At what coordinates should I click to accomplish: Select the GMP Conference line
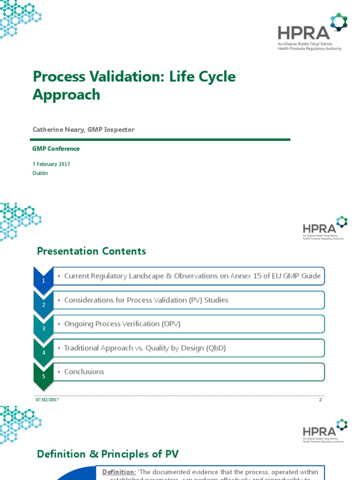pyautogui.click(x=56, y=149)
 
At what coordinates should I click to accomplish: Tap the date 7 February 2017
pyautogui.click(x=51, y=164)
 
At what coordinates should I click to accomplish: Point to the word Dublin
pyautogui.click(x=40, y=173)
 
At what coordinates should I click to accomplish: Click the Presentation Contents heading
pyautogui.click(x=91, y=251)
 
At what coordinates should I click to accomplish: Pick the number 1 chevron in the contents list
pyautogui.click(x=44, y=280)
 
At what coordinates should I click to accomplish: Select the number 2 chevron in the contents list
pyautogui.click(x=44, y=304)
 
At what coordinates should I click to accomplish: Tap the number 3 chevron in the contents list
pyautogui.click(x=44, y=328)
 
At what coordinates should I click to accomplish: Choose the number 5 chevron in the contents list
pyautogui.click(x=44, y=376)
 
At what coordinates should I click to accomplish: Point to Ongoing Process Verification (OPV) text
pyautogui.click(x=122, y=324)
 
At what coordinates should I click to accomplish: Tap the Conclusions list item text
pyautogui.click(x=84, y=372)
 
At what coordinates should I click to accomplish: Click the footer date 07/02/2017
pyautogui.click(x=47, y=399)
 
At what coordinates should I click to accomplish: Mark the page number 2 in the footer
pyautogui.click(x=321, y=399)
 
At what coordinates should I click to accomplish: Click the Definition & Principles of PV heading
pyautogui.click(x=108, y=454)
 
